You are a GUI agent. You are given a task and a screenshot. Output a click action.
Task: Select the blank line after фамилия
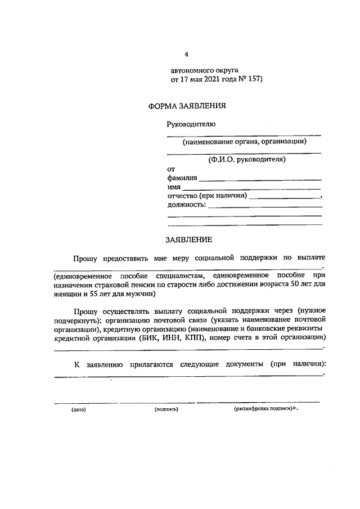click(260, 179)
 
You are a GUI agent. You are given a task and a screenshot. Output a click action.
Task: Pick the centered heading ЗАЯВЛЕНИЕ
click(188, 240)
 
